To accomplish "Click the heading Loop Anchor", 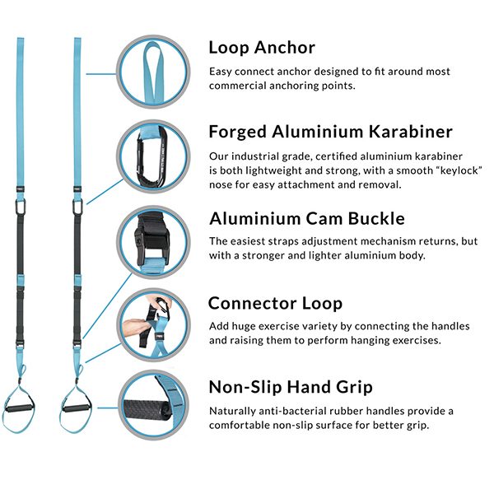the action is pyautogui.click(x=262, y=48).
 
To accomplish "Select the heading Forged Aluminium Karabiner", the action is pyautogui.click(x=330, y=132).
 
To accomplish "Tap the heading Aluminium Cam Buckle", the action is pyautogui.click(x=307, y=218).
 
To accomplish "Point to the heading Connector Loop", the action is pyautogui.click(x=275, y=303).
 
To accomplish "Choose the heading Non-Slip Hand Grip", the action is pyautogui.click(x=291, y=387).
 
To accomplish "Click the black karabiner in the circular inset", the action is pyautogui.click(x=151, y=156).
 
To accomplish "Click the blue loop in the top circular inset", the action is pyautogui.click(x=154, y=71).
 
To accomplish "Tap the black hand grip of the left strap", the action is pyautogui.click(x=19, y=409).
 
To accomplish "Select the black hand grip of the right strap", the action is pyautogui.click(x=77, y=409).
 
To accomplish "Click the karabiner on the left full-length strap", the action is pyautogui.click(x=20, y=207).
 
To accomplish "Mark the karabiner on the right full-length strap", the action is pyautogui.click(x=77, y=207).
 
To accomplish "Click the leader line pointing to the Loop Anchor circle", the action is pyautogui.click(x=101, y=74).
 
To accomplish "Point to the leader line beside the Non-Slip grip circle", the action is pyautogui.click(x=108, y=408).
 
